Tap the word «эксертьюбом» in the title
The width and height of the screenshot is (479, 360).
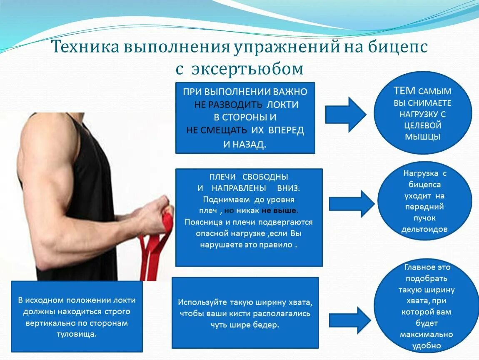pos(247,69)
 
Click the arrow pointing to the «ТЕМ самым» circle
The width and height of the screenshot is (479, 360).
pos(345,115)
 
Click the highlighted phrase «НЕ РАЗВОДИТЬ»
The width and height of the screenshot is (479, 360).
pos(228,105)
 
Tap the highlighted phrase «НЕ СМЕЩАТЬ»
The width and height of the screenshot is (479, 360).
pos(217,130)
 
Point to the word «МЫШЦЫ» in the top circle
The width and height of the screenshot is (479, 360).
pos(423,137)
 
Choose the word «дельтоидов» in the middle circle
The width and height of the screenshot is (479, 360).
pos(424,229)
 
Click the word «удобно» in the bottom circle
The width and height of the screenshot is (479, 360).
pos(426,345)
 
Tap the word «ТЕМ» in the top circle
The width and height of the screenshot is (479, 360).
pos(404,91)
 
